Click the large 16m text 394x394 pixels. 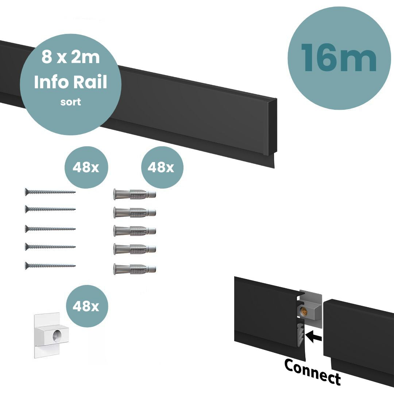coord(339,58)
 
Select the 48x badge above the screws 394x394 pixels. coord(86,167)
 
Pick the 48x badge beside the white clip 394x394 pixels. coord(86,306)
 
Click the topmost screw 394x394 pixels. coord(50,192)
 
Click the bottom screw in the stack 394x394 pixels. coord(50,265)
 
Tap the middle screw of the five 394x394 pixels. coord(50,229)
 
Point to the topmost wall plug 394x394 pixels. coord(134,194)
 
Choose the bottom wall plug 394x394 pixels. coord(134,269)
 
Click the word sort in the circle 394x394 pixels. coord(71,102)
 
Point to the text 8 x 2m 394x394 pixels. coord(70,58)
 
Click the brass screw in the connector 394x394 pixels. coord(302,311)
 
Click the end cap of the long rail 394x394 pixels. coord(272,126)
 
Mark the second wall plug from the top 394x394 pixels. coord(134,212)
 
